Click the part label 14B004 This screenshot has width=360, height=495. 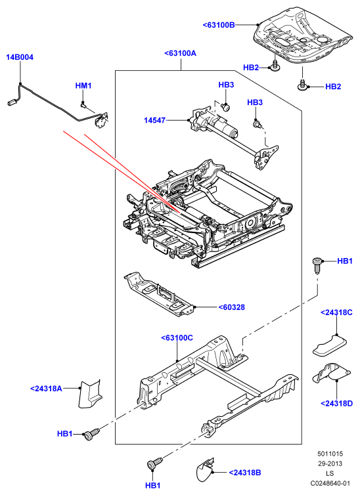(20, 57)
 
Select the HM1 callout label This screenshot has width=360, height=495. (83, 85)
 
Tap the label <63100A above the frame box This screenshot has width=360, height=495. (180, 53)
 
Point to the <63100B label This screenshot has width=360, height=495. (219, 25)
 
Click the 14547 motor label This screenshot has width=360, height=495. (155, 120)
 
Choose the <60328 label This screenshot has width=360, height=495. (232, 307)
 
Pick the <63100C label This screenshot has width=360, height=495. (177, 338)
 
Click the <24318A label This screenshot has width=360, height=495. (47, 388)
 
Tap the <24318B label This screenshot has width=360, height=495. (245, 473)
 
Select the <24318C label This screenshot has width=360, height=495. (336, 312)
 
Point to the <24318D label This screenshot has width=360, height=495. (336, 404)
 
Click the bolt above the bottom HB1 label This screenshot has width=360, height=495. (154, 463)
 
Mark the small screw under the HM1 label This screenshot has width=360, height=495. (83, 104)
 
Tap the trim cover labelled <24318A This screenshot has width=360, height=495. (89, 394)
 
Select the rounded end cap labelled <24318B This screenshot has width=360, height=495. (204, 470)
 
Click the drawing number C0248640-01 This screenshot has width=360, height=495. (330, 483)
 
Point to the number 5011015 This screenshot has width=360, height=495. (330, 454)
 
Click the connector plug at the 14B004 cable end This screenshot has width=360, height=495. (12, 102)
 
